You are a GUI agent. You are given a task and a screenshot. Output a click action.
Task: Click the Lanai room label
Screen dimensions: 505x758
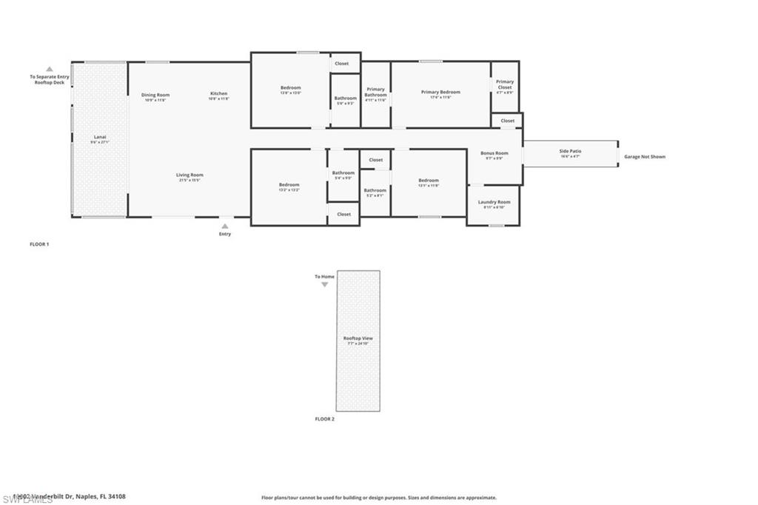coord(99,138)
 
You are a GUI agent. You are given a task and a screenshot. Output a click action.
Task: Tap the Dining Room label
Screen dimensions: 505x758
coord(155,96)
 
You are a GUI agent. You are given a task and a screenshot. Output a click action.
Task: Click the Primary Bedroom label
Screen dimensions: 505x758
coord(440,93)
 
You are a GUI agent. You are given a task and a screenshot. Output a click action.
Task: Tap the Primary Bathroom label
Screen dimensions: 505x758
coord(376,93)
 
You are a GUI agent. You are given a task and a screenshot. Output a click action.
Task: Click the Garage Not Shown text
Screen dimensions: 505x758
coord(644,157)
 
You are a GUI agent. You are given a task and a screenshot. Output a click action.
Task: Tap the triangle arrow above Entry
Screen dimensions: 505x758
coord(224,226)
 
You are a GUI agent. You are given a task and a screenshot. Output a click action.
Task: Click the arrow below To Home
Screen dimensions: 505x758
coord(324,284)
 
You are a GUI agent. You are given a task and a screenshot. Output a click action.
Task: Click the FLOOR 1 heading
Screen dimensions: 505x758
coord(38,244)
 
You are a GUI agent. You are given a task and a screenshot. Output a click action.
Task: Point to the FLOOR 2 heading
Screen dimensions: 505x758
coord(324,419)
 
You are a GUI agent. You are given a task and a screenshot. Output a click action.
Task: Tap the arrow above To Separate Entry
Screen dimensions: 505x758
coord(50,68)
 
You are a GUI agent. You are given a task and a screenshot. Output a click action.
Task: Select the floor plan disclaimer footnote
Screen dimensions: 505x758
coord(378,498)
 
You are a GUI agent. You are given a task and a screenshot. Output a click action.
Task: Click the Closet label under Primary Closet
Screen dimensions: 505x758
coord(508,121)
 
